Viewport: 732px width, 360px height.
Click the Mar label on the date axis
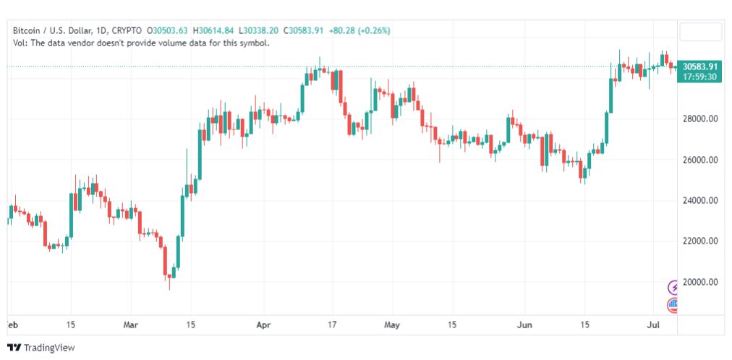tap(130, 325)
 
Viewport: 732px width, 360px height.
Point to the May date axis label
tap(392, 325)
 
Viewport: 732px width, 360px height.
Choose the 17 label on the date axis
tap(331, 325)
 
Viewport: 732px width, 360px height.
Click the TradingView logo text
tap(48, 348)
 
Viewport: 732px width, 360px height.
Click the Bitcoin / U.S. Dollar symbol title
tap(53, 31)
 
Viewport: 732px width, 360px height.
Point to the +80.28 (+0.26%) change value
tap(359, 31)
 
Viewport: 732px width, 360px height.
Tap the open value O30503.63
tap(168, 31)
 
